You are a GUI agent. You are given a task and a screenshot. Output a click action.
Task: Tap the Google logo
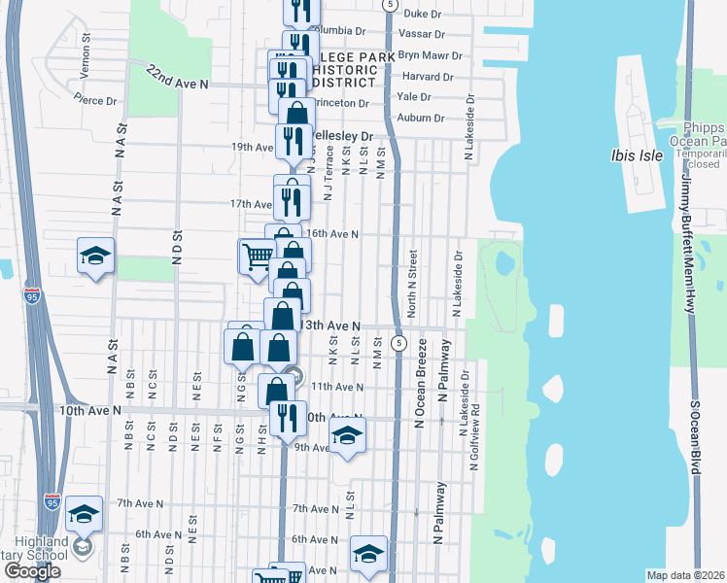point(32,572)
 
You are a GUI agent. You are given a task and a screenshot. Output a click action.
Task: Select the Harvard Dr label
point(428,77)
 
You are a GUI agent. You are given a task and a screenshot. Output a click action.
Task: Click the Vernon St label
point(87,51)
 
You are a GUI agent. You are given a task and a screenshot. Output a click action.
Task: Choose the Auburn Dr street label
point(426,118)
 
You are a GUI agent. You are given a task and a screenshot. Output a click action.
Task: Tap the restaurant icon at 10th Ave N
point(288,419)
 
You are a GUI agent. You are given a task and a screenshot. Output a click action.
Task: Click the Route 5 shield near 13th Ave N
point(398,344)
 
